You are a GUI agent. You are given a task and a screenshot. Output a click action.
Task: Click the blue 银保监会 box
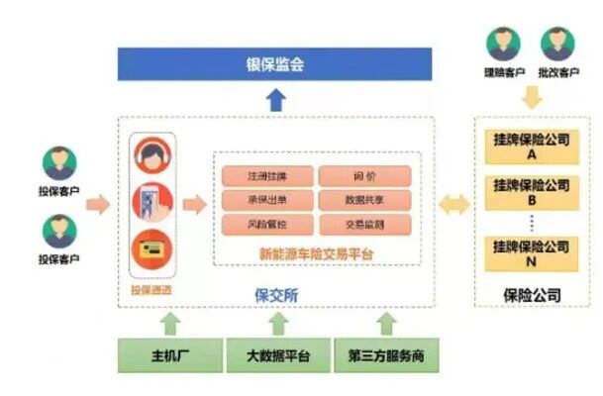(x=275, y=64)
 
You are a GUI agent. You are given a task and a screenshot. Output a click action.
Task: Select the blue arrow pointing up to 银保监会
(x=276, y=99)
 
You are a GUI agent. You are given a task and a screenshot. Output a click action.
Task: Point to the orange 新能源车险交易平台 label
(x=315, y=253)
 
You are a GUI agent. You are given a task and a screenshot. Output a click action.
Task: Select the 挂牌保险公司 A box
(x=531, y=147)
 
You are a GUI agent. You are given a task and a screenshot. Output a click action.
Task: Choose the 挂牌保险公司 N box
(x=531, y=252)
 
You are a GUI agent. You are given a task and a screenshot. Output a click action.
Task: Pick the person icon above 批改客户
(x=555, y=45)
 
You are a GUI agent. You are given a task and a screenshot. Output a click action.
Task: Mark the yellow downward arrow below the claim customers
(x=532, y=97)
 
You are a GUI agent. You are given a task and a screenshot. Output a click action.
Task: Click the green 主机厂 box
(x=169, y=354)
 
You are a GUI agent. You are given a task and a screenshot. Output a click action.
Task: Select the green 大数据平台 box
(x=276, y=354)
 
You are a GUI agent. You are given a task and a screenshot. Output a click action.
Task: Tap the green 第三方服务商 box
(x=386, y=354)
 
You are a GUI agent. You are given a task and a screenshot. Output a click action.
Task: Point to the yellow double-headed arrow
(x=454, y=206)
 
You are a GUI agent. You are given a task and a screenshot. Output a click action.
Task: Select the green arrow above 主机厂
(x=169, y=323)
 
